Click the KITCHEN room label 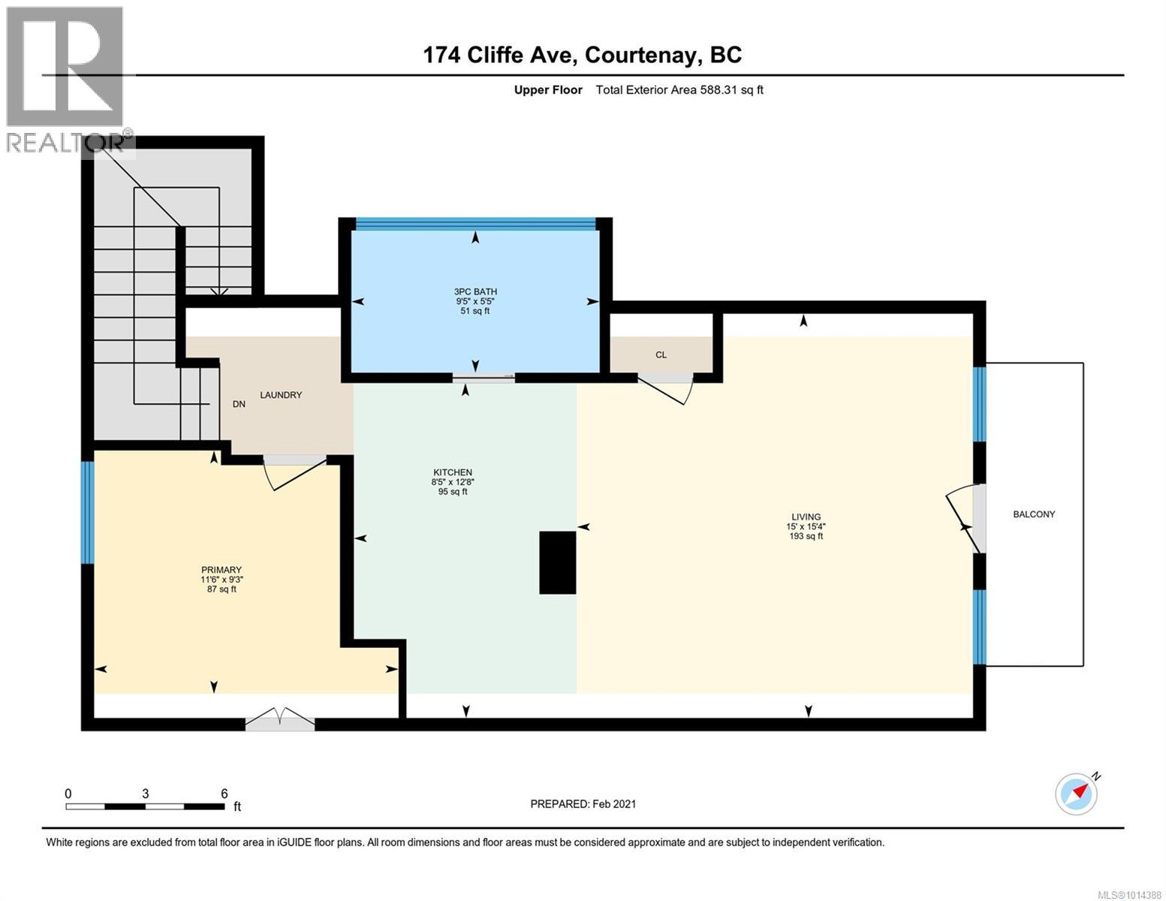pyautogui.click(x=452, y=472)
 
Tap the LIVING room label pyautogui.click(x=806, y=517)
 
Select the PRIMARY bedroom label pyautogui.click(x=221, y=570)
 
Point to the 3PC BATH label pyautogui.click(x=475, y=292)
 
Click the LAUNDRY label pyautogui.click(x=281, y=395)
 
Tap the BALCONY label pyautogui.click(x=1033, y=514)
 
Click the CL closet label pyautogui.click(x=661, y=354)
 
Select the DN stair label pyautogui.click(x=239, y=404)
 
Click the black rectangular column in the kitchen pyautogui.click(x=557, y=562)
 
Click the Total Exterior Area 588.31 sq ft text pyautogui.click(x=679, y=89)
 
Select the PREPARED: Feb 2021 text pyautogui.click(x=583, y=804)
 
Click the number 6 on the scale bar pyautogui.click(x=224, y=793)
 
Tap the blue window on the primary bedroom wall pyautogui.click(x=87, y=513)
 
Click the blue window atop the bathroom pyautogui.click(x=475, y=223)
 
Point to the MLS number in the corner pyautogui.click(x=1129, y=895)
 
